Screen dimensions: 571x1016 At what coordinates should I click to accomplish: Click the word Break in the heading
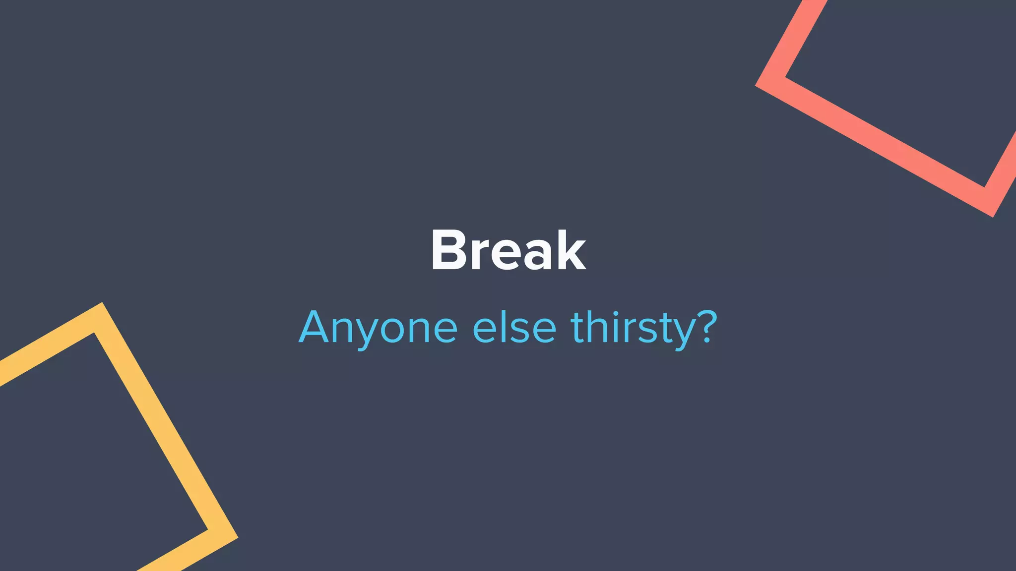[508, 250]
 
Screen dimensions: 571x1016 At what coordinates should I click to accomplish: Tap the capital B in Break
[448, 250]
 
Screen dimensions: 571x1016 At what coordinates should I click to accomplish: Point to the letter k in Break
[570, 250]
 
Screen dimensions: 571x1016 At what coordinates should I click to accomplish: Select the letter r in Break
[481, 256]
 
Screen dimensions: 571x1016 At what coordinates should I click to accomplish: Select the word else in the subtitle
[514, 328]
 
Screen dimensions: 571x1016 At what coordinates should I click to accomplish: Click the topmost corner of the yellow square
[102, 303]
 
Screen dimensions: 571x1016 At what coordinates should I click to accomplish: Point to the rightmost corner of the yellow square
[238, 537]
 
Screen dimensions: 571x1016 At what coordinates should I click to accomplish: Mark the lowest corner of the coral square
[993, 217]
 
